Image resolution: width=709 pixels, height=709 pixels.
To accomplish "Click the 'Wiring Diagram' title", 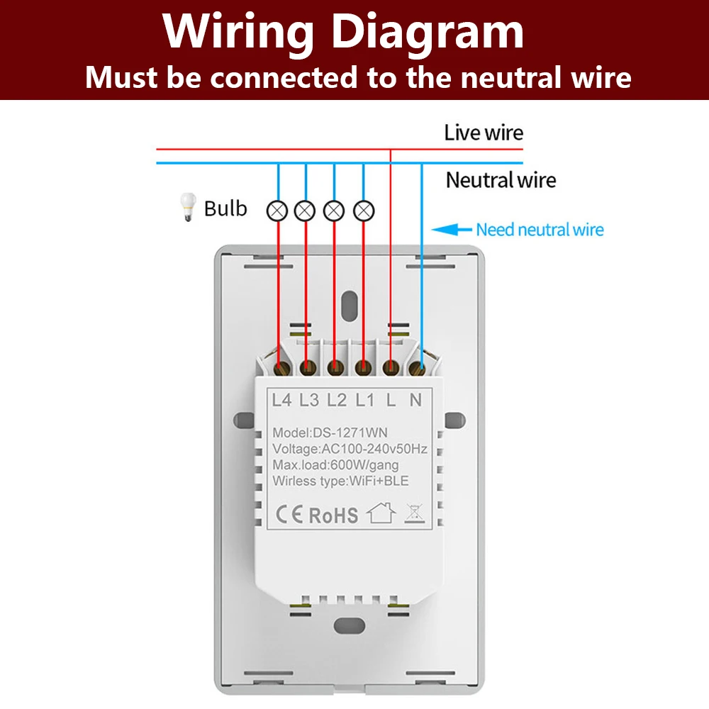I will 344,32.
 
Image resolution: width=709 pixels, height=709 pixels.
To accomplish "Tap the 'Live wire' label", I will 484,133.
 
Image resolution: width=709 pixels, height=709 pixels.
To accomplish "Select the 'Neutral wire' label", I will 501,180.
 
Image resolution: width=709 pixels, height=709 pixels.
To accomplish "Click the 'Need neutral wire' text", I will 540,230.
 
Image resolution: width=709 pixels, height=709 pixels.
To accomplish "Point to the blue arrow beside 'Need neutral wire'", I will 452,230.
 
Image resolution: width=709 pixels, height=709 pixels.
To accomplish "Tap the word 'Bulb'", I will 225,209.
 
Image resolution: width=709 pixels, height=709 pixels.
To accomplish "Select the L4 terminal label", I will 281,401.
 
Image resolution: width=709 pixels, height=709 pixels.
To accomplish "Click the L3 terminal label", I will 308,401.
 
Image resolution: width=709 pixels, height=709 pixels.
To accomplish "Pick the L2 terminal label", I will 336,401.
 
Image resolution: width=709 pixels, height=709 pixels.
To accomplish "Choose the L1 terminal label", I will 364,401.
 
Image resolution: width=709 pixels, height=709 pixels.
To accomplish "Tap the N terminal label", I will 416,401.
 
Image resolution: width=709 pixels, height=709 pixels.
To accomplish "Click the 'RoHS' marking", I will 333,515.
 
